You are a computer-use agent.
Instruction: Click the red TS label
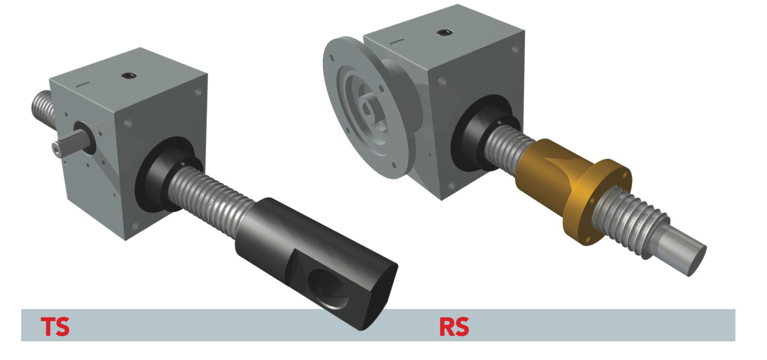[55, 326]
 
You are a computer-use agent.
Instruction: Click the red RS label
[454, 326]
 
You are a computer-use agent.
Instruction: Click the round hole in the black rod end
[328, 289]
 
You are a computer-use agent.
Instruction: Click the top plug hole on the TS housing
[129, 75]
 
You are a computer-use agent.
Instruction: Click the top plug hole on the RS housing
[445, 33]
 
